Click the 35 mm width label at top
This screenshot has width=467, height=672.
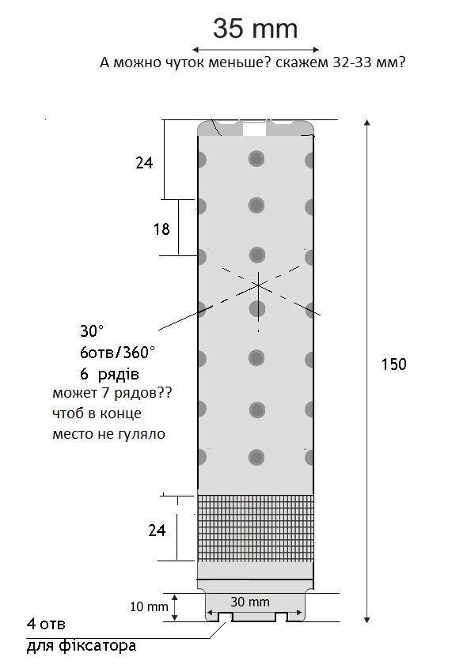click(x=255, y=28)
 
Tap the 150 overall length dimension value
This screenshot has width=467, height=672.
click(x=393, y=364)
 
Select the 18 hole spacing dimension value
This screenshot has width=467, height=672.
click(x=161, y=229)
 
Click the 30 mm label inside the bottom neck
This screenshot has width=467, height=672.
click(x=250, y=602)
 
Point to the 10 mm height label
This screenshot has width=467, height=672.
click(x=149, y=607)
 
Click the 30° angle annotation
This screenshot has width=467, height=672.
click(x=92, y=330)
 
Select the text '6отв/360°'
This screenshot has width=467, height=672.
click(x=117, y=353)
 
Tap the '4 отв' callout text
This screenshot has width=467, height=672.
click(x=46, y=624)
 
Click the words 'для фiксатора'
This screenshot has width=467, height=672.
click(x=82, y=646)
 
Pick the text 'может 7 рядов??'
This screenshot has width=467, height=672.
click(x=112, y=393)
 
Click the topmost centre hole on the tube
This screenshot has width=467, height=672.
click(x=256, y=158)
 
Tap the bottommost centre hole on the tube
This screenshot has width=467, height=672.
click(x=256, y=457)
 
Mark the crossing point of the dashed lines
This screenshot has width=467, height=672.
click(x=258, y=285)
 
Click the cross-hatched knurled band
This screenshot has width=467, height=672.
click(x=256, y=528)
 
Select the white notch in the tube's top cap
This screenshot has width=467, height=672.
click(x=255, y=129)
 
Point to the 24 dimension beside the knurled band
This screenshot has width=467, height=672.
click(x=157, y=530)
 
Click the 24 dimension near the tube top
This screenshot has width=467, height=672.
click(x=144, y=163)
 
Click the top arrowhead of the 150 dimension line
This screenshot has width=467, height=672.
click(x=366, y=123)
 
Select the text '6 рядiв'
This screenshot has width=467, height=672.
click(x=109, y=374)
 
